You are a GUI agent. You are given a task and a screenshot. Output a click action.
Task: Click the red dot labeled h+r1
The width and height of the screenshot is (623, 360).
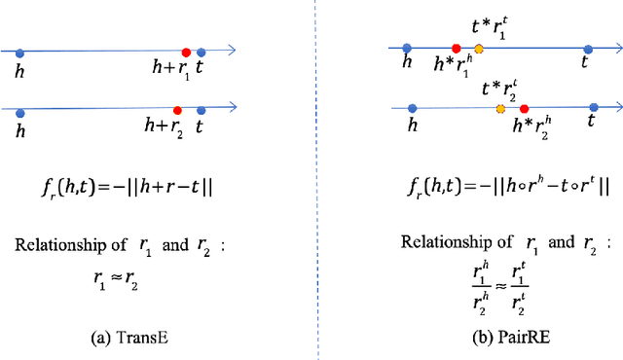186,53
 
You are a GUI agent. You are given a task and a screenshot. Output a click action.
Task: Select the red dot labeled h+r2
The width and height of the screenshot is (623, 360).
177,110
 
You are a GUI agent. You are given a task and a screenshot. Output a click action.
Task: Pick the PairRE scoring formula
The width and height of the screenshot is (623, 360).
496,186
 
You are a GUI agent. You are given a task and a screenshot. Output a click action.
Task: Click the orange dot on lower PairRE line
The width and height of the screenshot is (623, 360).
500,109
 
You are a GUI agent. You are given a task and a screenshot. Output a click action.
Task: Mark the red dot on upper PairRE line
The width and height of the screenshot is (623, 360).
456,47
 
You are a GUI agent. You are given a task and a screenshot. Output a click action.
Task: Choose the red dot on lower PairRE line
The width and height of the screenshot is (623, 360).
524,109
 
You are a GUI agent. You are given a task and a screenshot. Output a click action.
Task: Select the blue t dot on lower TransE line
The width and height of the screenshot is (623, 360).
201,110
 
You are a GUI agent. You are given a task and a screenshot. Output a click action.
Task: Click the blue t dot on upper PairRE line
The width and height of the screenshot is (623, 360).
587,47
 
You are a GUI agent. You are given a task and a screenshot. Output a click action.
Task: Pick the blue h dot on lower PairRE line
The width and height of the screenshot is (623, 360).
413,109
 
